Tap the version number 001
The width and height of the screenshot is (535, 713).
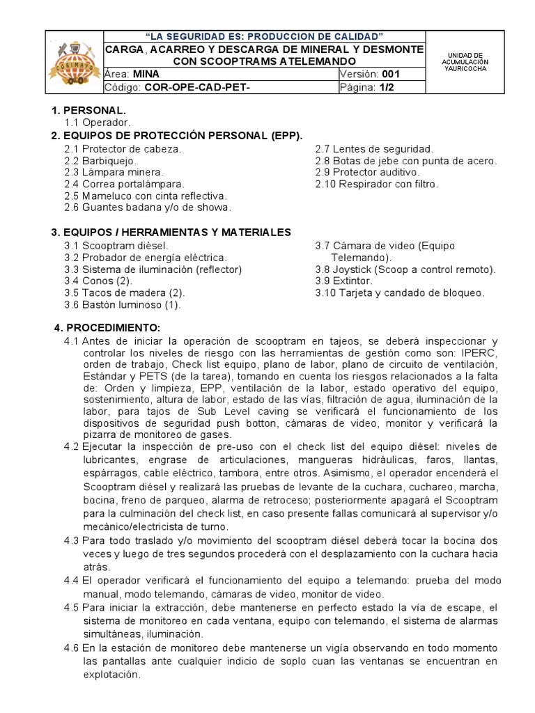(391, 74)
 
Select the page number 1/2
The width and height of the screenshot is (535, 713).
(387, 87)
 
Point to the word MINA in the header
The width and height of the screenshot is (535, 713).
(146, 74)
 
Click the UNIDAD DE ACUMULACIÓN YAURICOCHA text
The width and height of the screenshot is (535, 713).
(465, 62)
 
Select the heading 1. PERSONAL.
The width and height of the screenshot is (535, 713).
(88, 111)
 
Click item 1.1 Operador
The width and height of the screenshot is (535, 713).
(97, 123)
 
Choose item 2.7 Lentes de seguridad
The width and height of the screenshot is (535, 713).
(374, 149)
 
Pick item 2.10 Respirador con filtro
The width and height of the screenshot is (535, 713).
(377, 184)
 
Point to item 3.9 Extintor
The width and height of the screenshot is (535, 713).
(344, 281)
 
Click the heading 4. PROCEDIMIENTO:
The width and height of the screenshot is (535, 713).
(107, 327)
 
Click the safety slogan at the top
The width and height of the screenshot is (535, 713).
(263, 36)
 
